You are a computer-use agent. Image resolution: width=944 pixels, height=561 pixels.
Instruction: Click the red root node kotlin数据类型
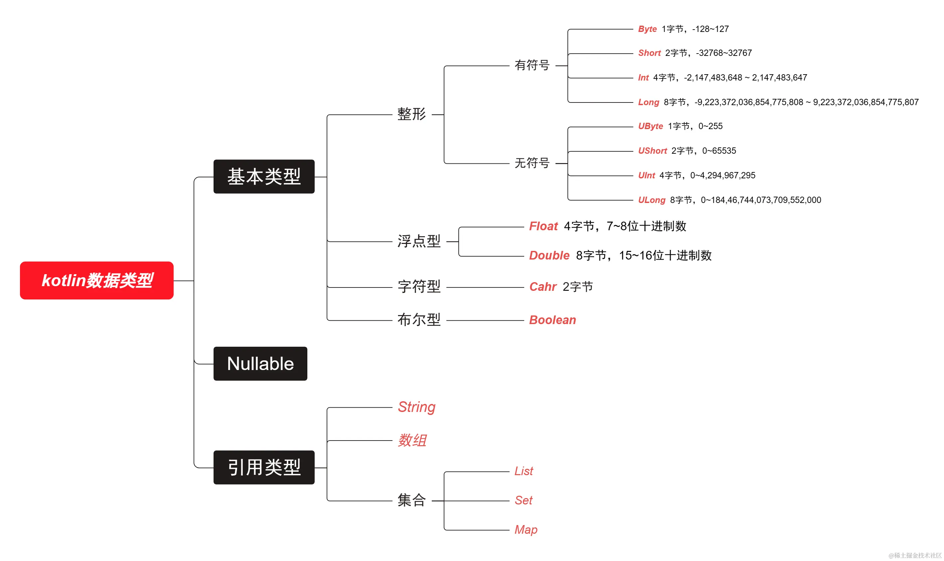point(96,280)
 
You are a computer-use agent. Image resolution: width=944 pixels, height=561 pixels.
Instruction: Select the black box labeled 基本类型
point(264,177)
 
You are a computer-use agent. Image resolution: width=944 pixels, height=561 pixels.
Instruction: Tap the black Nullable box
point(260,364)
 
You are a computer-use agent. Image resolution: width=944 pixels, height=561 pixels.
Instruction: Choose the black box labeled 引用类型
point(264,467)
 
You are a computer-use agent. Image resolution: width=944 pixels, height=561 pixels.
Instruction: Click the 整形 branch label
point(411,114)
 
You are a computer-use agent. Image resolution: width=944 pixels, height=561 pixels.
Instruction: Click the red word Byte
point(647,29)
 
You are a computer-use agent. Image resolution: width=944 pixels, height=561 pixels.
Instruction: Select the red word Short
point(649,53)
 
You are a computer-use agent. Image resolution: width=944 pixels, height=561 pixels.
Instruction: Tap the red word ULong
point(651,200)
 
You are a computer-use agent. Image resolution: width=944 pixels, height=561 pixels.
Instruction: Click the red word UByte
point(650,126)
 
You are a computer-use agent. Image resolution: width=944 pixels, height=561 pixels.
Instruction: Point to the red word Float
point(543,226)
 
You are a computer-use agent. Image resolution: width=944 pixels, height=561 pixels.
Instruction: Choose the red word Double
point(549,256)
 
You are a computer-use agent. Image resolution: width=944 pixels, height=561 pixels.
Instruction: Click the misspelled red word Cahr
point(543,287)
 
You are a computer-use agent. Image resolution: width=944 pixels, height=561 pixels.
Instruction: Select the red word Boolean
point(552,320)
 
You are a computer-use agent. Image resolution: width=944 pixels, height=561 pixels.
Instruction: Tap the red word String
point(416,407)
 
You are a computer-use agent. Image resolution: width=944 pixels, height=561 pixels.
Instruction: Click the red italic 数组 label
point(412,441)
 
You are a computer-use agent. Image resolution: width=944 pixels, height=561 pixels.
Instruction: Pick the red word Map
point(525,530)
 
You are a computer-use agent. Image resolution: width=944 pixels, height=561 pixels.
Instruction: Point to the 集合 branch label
point(411,500)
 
